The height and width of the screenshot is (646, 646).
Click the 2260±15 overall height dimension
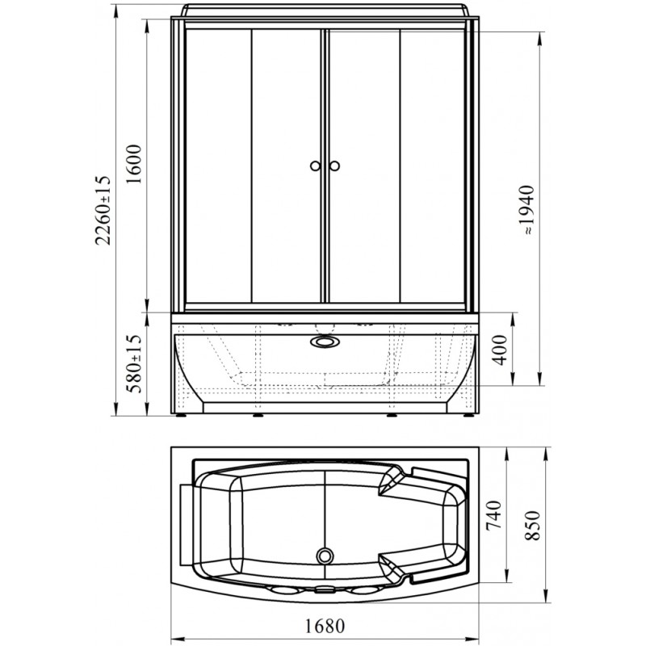pyautogui.click(x=103, y=211)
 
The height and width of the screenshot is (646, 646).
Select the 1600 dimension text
pyautogui.click(x=135, y=165)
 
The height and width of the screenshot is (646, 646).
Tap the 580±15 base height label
pyautogui.click(x=135, y=363)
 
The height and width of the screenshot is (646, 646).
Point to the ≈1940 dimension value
pyautogui.click(x=526, y=211)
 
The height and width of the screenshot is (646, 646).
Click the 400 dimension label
pyautogui.click(x=500, y=350)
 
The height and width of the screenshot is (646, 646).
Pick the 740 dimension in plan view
pyautogui.click(x=493, y=515)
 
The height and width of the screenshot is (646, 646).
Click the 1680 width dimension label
pyautogui.click(x=325, y=627)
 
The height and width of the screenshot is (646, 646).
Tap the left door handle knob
pyautogui.click(x=315, y=166)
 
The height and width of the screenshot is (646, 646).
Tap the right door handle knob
pyautogui.click(x=334, y=166)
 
